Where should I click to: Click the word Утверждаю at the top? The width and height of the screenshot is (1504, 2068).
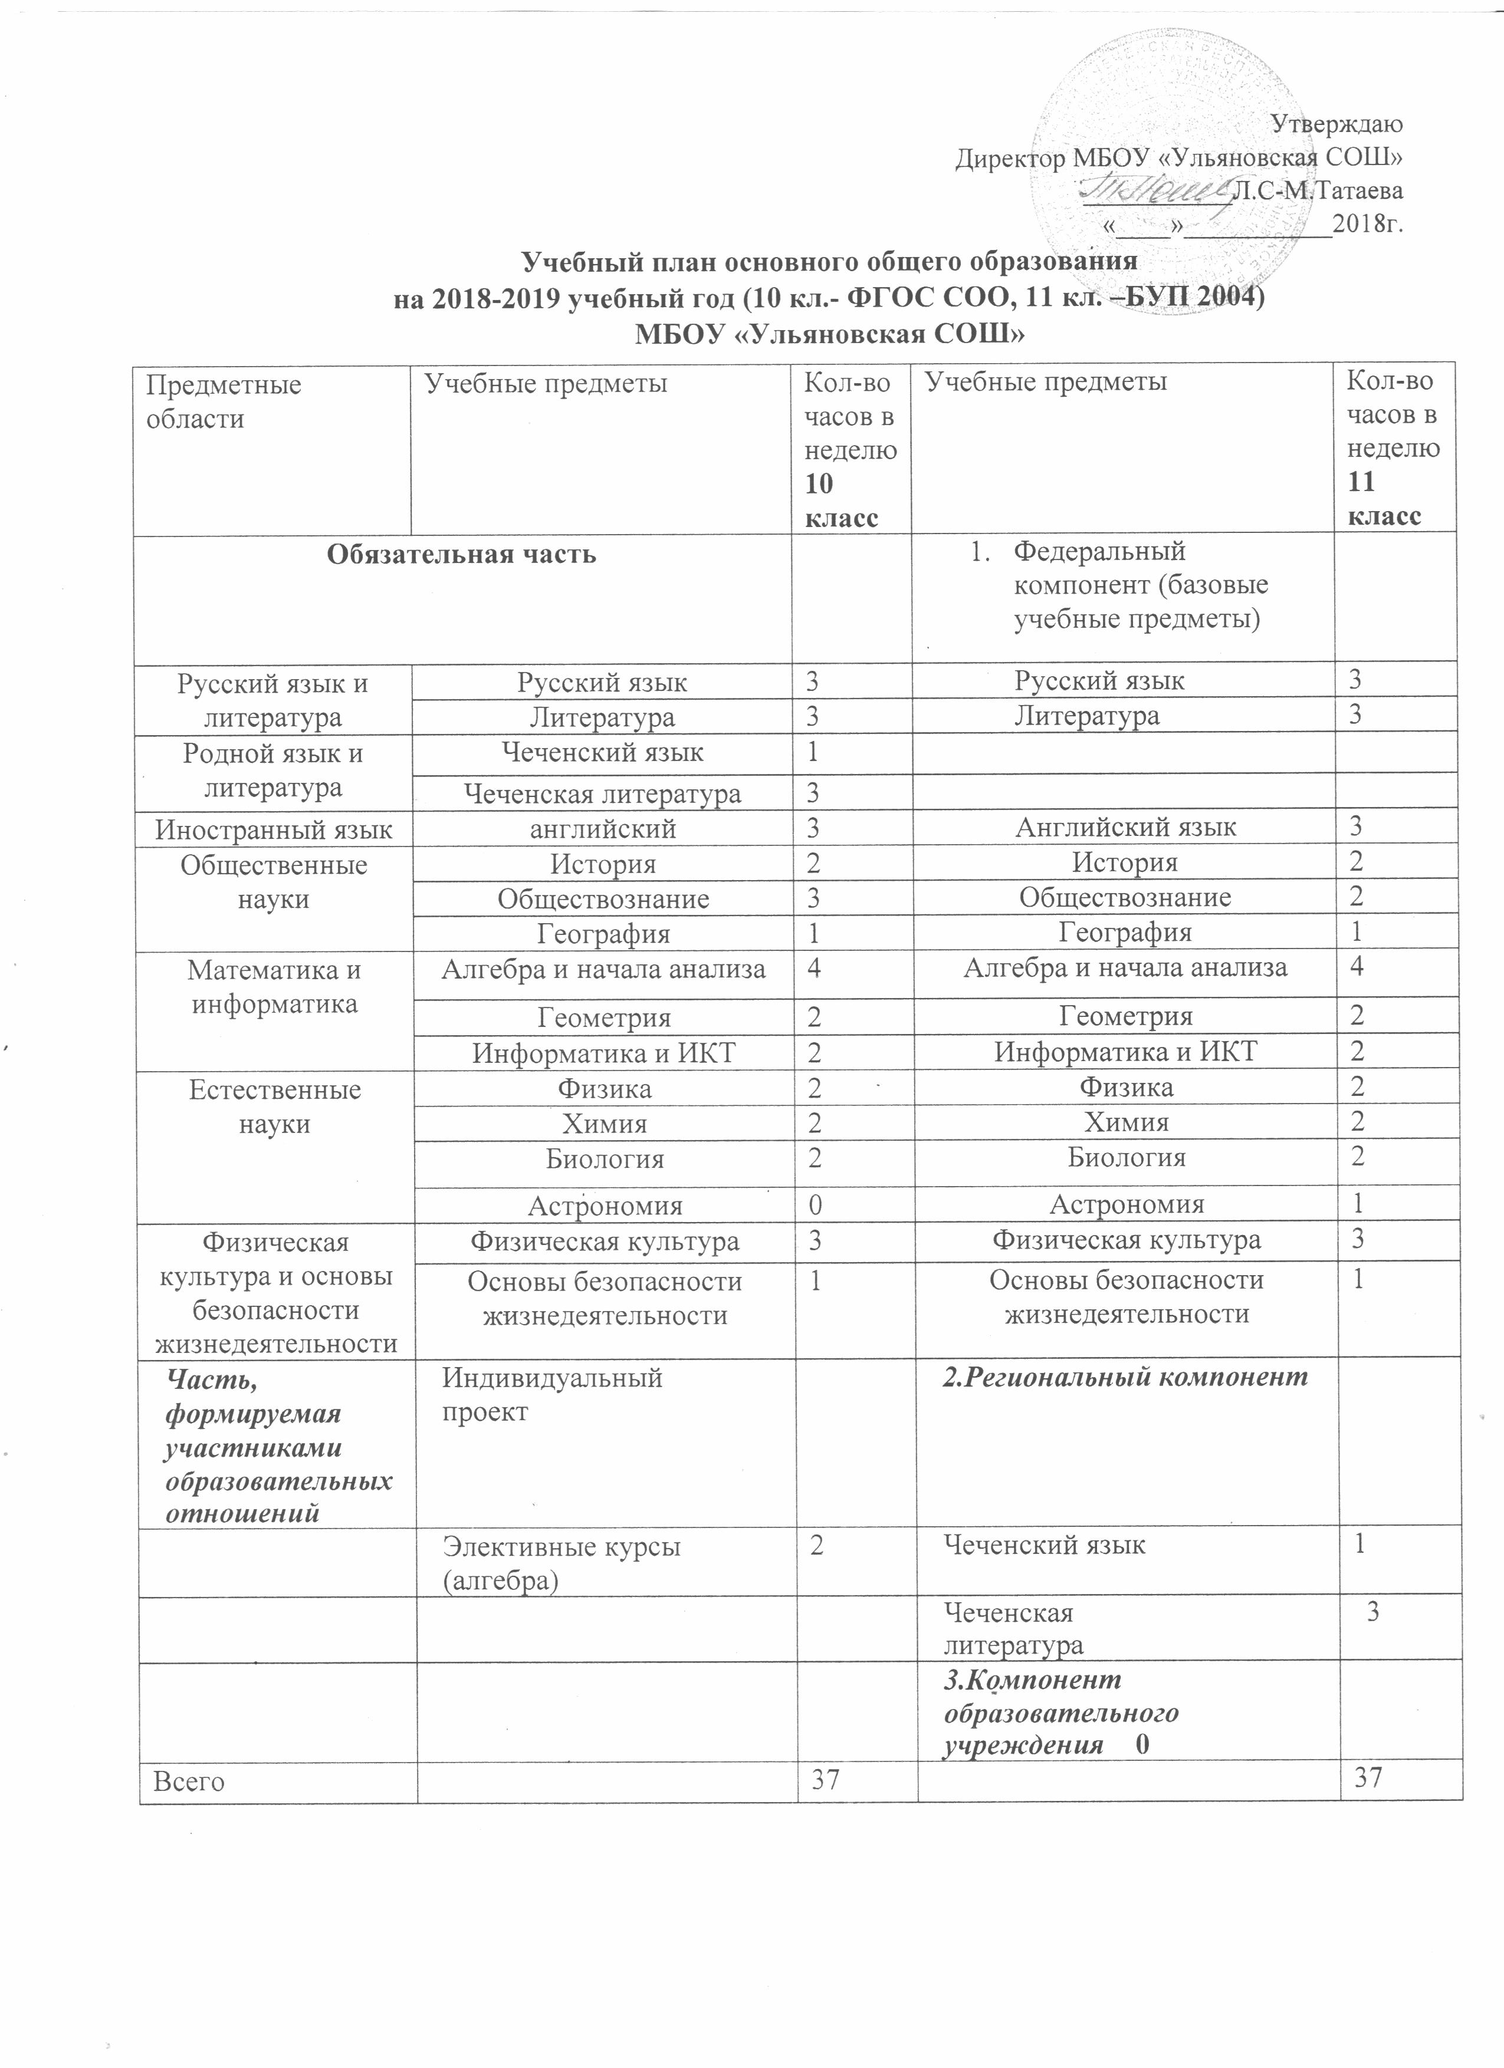click(1337, 123)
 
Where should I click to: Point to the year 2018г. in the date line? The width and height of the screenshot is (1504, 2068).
click(1366, 222)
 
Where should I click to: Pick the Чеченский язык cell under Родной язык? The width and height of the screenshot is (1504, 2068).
click(602, 753)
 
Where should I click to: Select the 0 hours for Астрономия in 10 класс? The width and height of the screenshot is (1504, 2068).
click(813, 1206)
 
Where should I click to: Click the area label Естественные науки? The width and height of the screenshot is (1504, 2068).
click(274, 1107)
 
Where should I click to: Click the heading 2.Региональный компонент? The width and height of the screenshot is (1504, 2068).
click(1125, 1378)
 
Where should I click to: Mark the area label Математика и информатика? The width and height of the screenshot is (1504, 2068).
click(274, 987)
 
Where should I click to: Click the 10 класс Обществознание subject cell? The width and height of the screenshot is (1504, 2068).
click(602, 899)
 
